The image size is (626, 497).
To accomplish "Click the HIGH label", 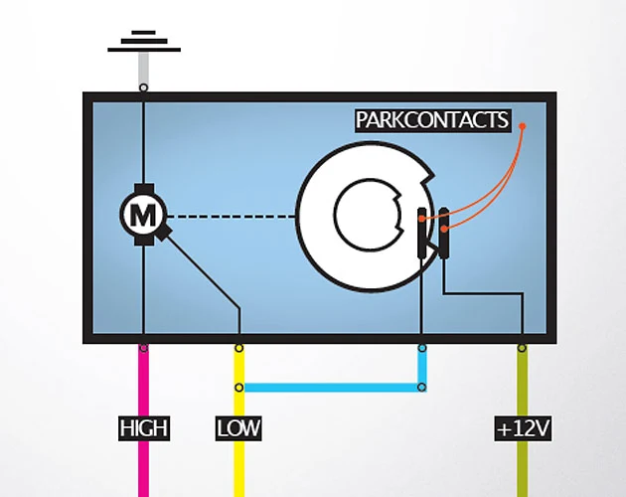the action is (144, 428).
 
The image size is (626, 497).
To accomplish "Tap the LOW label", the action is (238, 428).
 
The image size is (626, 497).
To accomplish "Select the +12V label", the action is (523, 428).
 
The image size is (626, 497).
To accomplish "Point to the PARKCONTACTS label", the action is (433, 120).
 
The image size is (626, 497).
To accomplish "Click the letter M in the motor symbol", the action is (143, 216).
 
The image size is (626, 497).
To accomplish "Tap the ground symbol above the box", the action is (144, 41).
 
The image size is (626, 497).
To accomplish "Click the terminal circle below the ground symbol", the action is (144, 87).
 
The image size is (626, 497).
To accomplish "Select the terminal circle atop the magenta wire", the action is (144, 348).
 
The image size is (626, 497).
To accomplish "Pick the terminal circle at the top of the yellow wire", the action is (238, 348).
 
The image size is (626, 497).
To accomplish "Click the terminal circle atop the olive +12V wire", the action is (522, 348).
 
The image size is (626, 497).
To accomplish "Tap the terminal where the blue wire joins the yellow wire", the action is (238, 387).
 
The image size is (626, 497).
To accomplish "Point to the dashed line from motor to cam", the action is (232, 217).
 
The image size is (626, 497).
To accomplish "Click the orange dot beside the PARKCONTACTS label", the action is (523, 126).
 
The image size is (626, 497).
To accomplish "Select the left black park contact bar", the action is (422, 233).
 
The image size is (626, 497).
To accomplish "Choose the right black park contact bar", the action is (443, 233).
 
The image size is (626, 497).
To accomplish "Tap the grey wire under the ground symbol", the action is (144, 68).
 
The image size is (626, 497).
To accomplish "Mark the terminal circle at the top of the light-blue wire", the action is (422, 348).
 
